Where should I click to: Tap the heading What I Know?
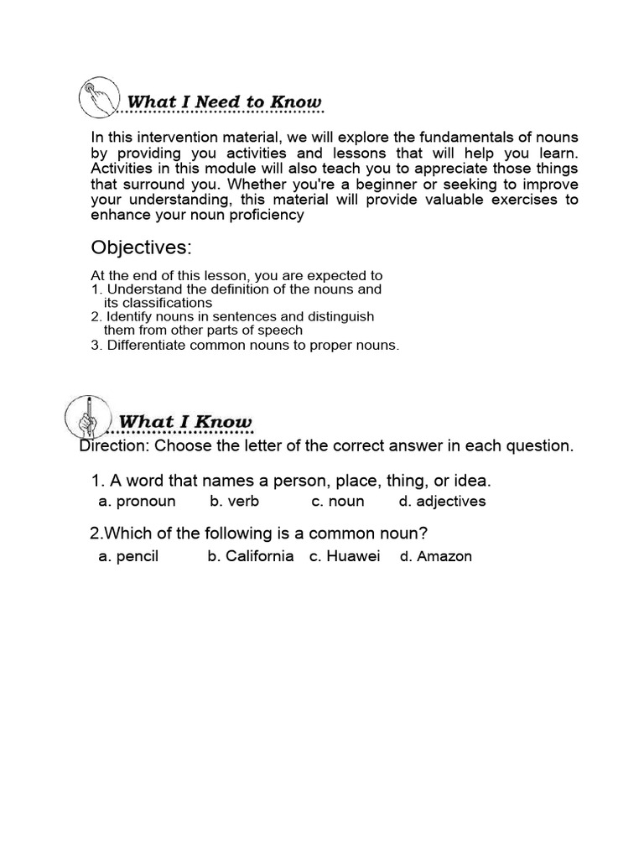tap(184, 421)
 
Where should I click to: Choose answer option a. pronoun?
tap(137, 502)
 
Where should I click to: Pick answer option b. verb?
tap(234, 502)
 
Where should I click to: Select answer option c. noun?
tap(337, 502)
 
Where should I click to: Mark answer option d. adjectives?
tap(442, 502)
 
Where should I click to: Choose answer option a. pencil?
tap(128, 556)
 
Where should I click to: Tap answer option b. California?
tap(251, 556)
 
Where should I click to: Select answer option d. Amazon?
tap(435, 556)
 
